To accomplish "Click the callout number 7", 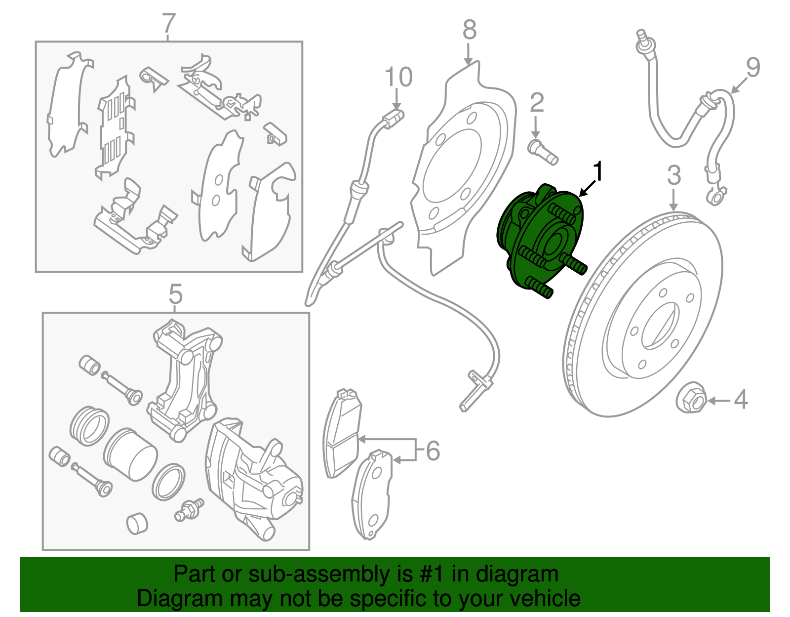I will click(x=168, y=23).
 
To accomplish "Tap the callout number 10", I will click(x=398, y=78).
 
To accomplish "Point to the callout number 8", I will click(x=469, y=30).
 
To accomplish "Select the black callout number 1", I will click(x=598, y=172).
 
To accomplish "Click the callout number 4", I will click(x=740, y=399).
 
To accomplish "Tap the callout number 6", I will click(x=433, y=451).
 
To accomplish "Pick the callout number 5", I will click(x=175, y=294).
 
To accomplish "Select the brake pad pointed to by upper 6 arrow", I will click(x=342, y=435).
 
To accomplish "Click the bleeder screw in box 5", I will click(x=189, y=510).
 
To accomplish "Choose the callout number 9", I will click(x=752, y=68).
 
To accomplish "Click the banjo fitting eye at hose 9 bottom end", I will click(x=715, y=198).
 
